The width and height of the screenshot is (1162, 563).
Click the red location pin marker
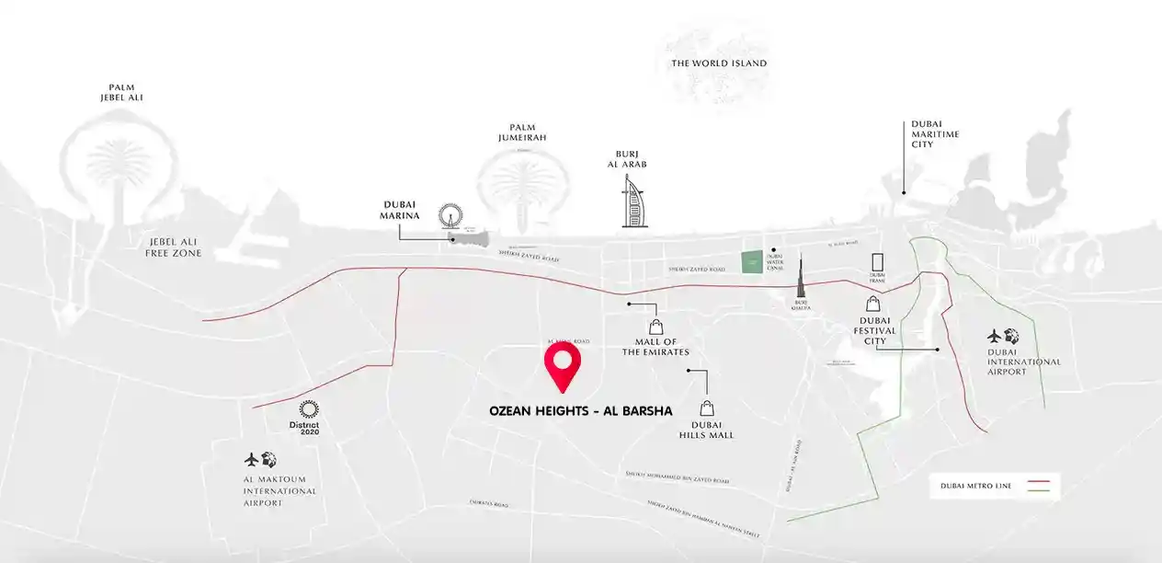pos(563,365)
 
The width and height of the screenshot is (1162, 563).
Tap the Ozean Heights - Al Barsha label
pos(581,412)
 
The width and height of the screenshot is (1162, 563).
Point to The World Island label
pos(719,63)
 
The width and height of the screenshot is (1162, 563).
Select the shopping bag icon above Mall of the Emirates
pos(655,326)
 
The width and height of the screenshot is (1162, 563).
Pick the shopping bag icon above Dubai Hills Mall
pos(706,408)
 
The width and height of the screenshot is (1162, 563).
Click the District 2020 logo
pos(308,418)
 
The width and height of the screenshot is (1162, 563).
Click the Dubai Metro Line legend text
pos(975,486)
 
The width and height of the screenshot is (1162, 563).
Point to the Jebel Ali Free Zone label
pos(173,247)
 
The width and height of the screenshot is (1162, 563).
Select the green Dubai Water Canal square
pos(752,262)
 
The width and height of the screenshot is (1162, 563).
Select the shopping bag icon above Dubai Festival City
pos(871,303)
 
